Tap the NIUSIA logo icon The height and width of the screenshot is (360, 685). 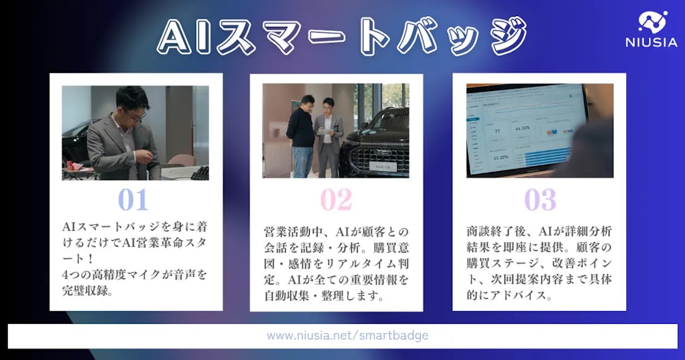pos(653,22)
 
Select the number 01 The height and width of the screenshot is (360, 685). pos(132,199)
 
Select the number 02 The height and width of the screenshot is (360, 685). pos(336,199)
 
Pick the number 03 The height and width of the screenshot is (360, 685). pos(539,199)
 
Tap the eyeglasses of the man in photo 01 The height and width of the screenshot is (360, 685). pos(136,116)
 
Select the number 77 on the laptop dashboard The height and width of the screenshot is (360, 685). pos(497,131)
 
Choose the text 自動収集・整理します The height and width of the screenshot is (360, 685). pos(324,294)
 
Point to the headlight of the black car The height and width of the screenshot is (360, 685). pos(401,146)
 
